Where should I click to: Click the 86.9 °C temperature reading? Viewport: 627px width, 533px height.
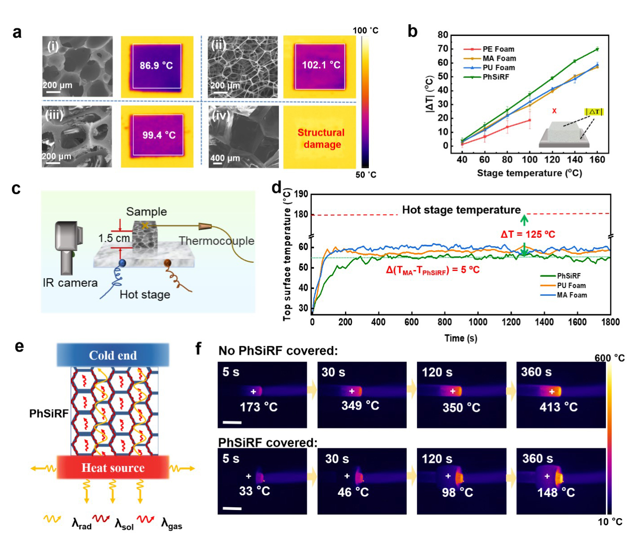pyautogui.click(x=156, y=66)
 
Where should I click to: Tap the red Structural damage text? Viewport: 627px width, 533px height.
pyautogui.click(x=321, y=138)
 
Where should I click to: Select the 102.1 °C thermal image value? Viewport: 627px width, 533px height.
pyautogui.click(x=321, y=65)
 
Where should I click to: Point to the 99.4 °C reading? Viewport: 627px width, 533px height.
pyautogui.click(x=159, y=135)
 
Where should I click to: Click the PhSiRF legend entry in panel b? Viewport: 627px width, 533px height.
pyautogui.click(x=495, y=77)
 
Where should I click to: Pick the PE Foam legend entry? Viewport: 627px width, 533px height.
pyautogui.click(x=498, y=49)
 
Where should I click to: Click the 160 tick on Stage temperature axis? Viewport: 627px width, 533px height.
pyautogui.click(x=597, y=159)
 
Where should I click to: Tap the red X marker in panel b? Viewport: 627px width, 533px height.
pyautogui.click(x=554, y=111)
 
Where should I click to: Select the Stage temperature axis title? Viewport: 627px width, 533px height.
pyautogui.click(x=529, y=173)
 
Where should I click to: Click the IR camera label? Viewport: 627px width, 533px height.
pyautogui.click(x=70, y=283)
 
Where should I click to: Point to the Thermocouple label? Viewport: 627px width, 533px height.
pyautogui.click(x=216, y=241)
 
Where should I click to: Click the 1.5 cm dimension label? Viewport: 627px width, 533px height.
pyautogui.click(x=114, y=238)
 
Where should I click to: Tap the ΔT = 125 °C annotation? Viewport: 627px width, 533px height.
pyautogui.click(x=528, y=235)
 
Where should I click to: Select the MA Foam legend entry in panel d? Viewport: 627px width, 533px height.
pyautogui.click(x=572, y=295)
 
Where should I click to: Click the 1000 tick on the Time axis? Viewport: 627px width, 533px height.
pyautogui.click(x=478, y=322)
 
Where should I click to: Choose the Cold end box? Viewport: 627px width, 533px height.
pyautogui.click(x=113, y=355)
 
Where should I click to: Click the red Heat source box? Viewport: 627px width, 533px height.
pyautogui.click(x=113, y=468)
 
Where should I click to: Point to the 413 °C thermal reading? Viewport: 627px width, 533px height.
pyautogui.click(x=559, y=407)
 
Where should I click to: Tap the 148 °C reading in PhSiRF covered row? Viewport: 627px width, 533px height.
pyautogui.click(x=556, y=492)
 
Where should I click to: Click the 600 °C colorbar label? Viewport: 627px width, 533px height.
pyautogui.click(x=609, y=358)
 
